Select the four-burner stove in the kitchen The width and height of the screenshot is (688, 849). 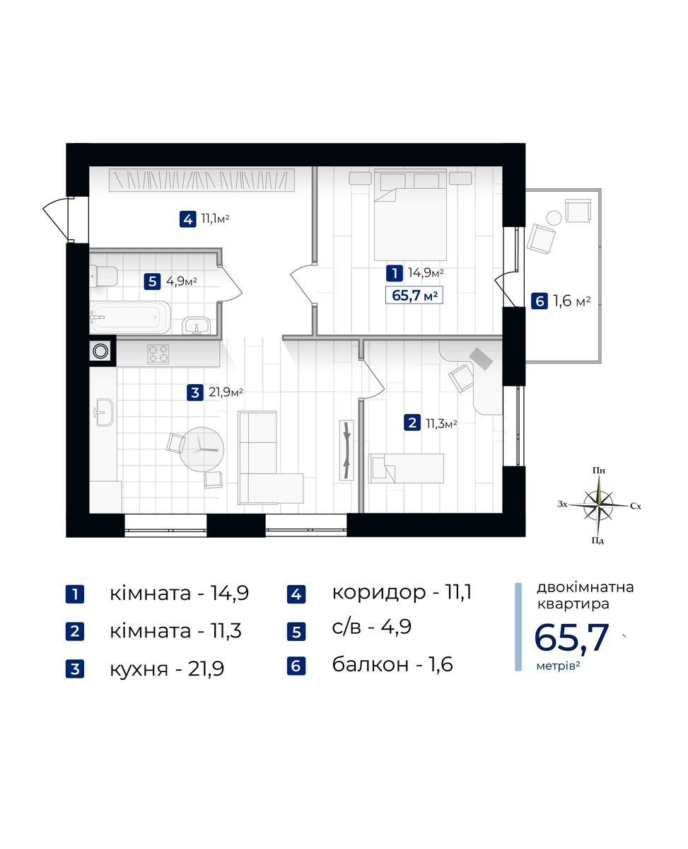point(158,354)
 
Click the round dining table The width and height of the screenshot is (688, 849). point(202,449)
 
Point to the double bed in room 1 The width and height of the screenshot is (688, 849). point(410,215)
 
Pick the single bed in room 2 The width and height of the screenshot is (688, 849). point(406,468)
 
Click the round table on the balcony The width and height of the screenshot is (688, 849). point(554,218)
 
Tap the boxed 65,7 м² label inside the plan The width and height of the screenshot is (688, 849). point(414,295)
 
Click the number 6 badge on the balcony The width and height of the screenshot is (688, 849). point(539,301)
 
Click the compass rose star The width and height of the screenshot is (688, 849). point(598,505)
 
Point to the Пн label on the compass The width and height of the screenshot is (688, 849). point(599,470)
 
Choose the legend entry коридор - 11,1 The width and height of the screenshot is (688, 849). point(402,592)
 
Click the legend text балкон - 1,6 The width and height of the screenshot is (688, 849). point(392,664)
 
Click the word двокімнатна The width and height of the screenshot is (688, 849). point(585,587)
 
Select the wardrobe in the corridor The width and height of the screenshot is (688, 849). point(202,180)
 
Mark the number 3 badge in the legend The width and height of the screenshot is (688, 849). point(75,669)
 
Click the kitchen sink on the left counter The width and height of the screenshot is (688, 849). point(104,412)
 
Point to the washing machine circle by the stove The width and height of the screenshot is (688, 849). point(100,351)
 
